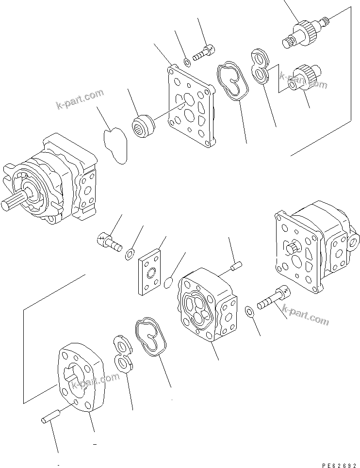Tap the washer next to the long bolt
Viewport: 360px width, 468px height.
(x=248, y=310)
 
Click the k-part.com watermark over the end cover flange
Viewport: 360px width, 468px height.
(x=95, y=382)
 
